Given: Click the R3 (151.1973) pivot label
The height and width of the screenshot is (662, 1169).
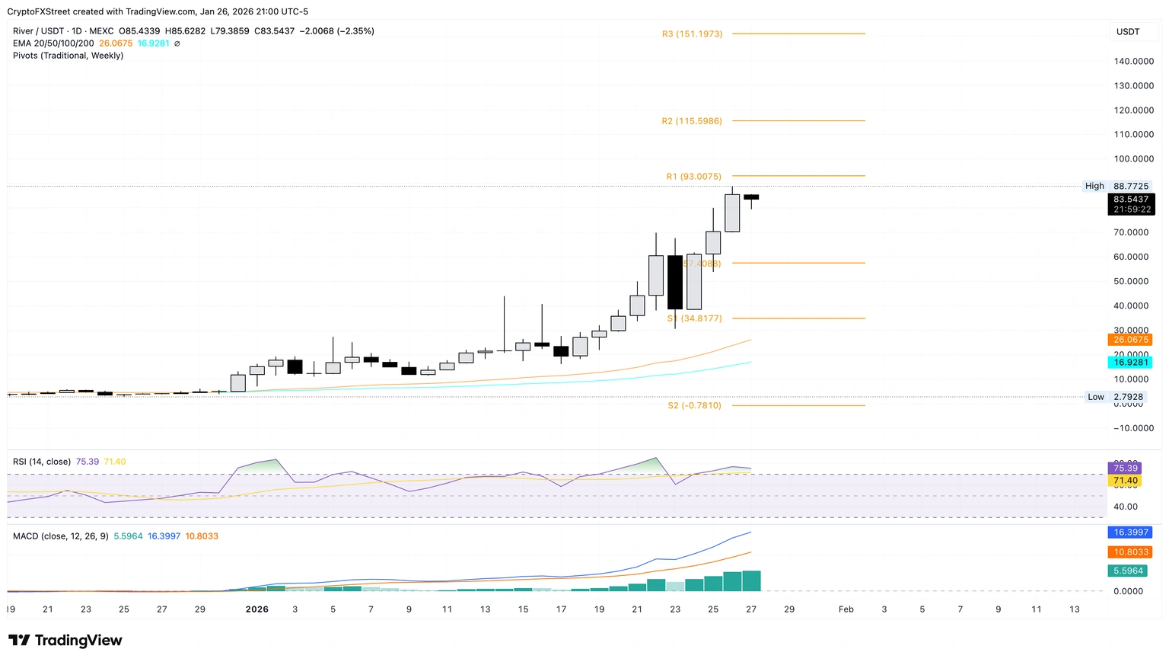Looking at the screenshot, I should click(x=692, y=34).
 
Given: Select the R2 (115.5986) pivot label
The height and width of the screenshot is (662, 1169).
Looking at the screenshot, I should click(x=691, y=121).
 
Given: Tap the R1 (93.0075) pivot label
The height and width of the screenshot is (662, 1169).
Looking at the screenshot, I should click(x=693, y=177).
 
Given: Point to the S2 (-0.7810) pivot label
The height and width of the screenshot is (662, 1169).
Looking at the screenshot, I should click(x=694, y=406).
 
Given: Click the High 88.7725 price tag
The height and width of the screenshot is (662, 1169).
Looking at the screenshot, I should click(x=1116, y=186).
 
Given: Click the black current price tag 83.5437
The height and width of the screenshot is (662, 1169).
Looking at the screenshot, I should click(x=1130, y=200).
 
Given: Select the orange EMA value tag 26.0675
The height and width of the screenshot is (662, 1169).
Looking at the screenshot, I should click(x=1130, y=340).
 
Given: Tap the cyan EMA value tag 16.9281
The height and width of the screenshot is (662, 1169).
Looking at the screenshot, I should click(x=1130, y=363).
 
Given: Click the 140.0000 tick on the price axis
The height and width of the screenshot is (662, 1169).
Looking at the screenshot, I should click(x=1133, y=62).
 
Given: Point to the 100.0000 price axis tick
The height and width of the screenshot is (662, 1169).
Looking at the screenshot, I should click(x=1133, y=159).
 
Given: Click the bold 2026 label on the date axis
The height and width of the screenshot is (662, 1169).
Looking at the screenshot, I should click(x=257, y=609).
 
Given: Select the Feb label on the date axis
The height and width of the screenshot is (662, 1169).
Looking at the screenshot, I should click(x=846, y=609).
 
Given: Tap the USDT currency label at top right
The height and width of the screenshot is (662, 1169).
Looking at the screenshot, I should click(x=1128, y=32).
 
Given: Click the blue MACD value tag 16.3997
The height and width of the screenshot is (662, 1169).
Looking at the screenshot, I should click(x=1130, y=532).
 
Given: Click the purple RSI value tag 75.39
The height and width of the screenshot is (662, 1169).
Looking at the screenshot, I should click(x=1125, y=468).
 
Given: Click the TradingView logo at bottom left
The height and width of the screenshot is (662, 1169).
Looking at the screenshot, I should click(x=65, y=641).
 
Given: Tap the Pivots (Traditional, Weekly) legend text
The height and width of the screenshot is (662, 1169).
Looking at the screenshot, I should click(x=68, y=56).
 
